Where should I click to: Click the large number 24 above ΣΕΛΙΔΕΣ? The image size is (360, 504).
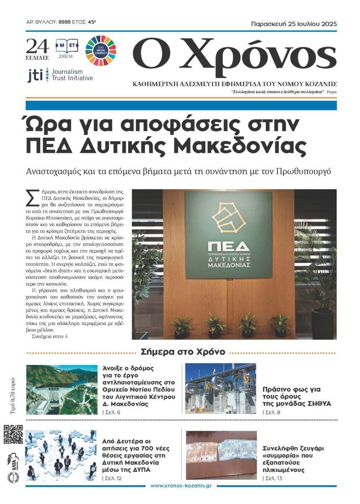[x=37, y=45]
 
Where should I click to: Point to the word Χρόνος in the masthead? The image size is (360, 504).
[x=254, y=54]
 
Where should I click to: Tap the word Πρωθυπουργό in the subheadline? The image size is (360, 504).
[x=300, y=171]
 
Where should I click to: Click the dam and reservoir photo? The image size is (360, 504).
[x=62, y=389]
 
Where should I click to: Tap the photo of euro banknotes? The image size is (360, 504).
[x=221, y=455]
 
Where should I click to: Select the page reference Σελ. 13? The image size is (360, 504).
[x=273, y=478]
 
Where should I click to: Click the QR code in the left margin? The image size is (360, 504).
[x=13, y=434]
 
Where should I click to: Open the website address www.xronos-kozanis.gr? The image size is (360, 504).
[x=180, y=486]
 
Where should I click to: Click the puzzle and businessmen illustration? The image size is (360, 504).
[x=62, y=455]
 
